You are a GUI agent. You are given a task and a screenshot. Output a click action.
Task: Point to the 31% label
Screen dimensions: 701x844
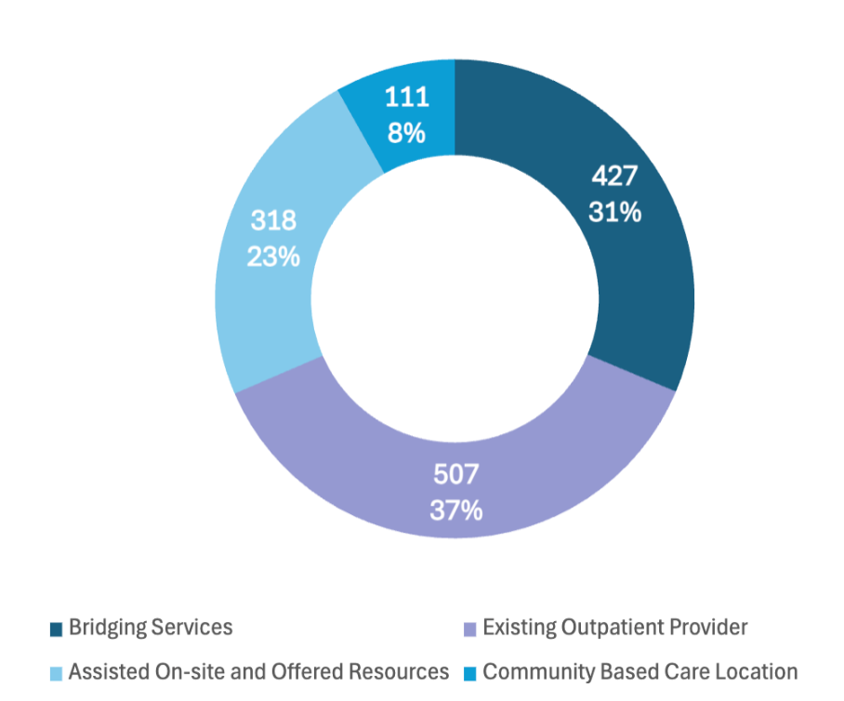pos(614,213)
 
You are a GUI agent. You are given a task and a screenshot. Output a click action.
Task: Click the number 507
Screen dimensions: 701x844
pos(455,475)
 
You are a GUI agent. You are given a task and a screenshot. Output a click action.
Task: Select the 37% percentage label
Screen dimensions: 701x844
pos(455,510)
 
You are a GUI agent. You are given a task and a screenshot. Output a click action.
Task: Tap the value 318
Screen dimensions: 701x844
pos(273,221)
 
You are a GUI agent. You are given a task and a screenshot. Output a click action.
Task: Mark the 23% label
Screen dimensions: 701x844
pos(273,257)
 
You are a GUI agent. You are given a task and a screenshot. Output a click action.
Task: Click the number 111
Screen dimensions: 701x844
pos(407,98)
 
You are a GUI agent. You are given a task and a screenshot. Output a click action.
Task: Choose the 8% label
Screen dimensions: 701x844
pos(407,133)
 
